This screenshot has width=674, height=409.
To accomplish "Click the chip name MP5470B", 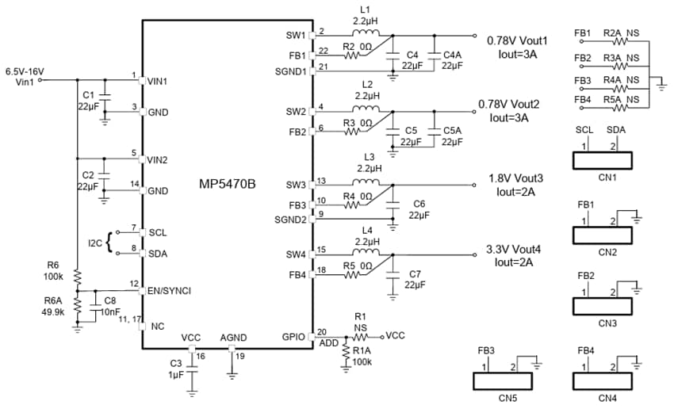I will pyautogui.click(x=227, y=185).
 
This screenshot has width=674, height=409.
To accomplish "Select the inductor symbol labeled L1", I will pyautogui.click(x=366, y=35).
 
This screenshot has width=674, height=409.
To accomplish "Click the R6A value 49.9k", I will pyautogui.click(x=54, y=312).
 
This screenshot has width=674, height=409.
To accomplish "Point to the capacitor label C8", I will pyautogui.click(x=109, y=300).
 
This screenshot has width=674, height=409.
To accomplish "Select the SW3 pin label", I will pyautogui.click(x=295, y=185).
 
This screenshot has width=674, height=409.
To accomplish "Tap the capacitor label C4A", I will pyautogui.click(x=452, y=55).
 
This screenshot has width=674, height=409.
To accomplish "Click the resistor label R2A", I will pyautogui.click(x=611, y=32).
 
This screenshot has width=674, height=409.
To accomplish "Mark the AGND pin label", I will pyautogui.click(x=233, y=338).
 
